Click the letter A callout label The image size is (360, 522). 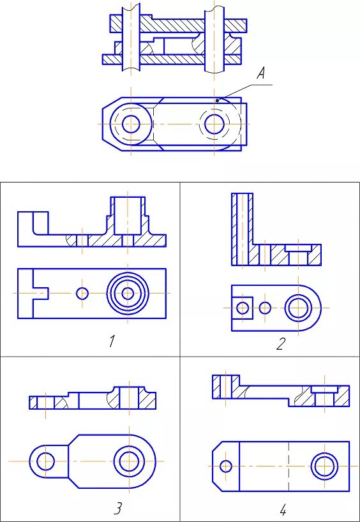point(261,74)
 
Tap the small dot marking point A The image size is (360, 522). point(217,100)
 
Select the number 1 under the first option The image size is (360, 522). point(113,341)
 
